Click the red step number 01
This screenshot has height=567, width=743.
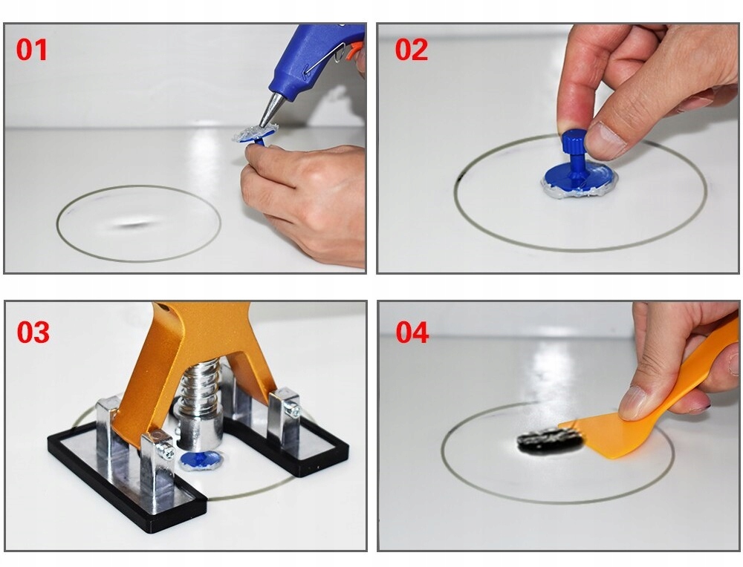pos(32,50)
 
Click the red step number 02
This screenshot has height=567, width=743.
pos(412,50)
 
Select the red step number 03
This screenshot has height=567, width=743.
pos(33,332)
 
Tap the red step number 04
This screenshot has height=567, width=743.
pos(412,332)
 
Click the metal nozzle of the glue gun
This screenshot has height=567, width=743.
pos(270,109)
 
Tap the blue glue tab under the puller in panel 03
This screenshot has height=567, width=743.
pos(201,461)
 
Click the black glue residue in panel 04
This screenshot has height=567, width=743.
pos(550,441)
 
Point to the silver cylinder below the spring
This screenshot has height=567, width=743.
pos(198,428)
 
